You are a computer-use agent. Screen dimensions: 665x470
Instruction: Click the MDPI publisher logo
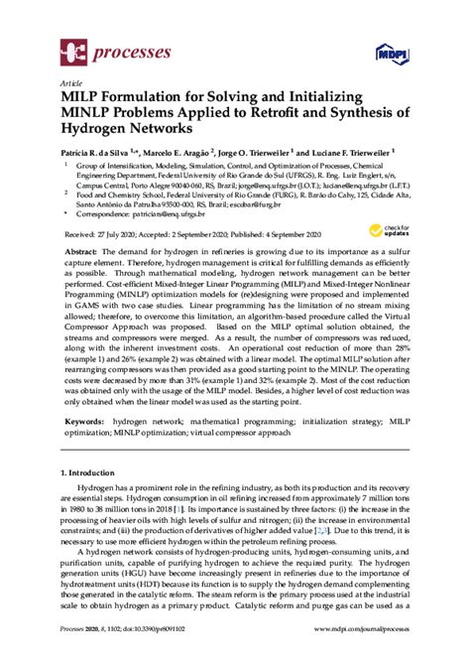point(391,51)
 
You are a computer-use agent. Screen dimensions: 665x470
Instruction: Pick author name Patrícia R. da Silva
point(99,154)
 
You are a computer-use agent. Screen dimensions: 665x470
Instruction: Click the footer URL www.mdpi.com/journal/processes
point(349,655)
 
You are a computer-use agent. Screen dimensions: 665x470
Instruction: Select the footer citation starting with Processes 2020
point(121,655)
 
